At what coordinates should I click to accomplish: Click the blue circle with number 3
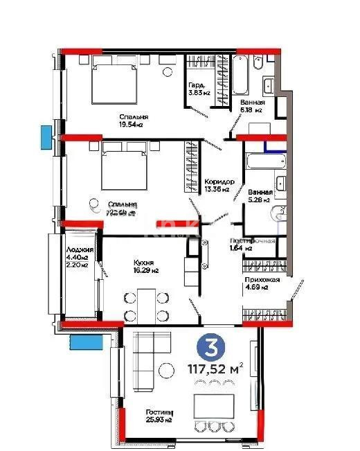tap(208, 345)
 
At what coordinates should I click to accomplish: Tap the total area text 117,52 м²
tap(210, 368)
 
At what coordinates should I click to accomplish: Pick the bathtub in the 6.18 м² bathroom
tap(240, 76)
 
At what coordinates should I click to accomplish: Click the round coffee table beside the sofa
tap(165, 370)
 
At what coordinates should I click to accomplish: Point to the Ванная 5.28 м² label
tap(260, 197)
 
